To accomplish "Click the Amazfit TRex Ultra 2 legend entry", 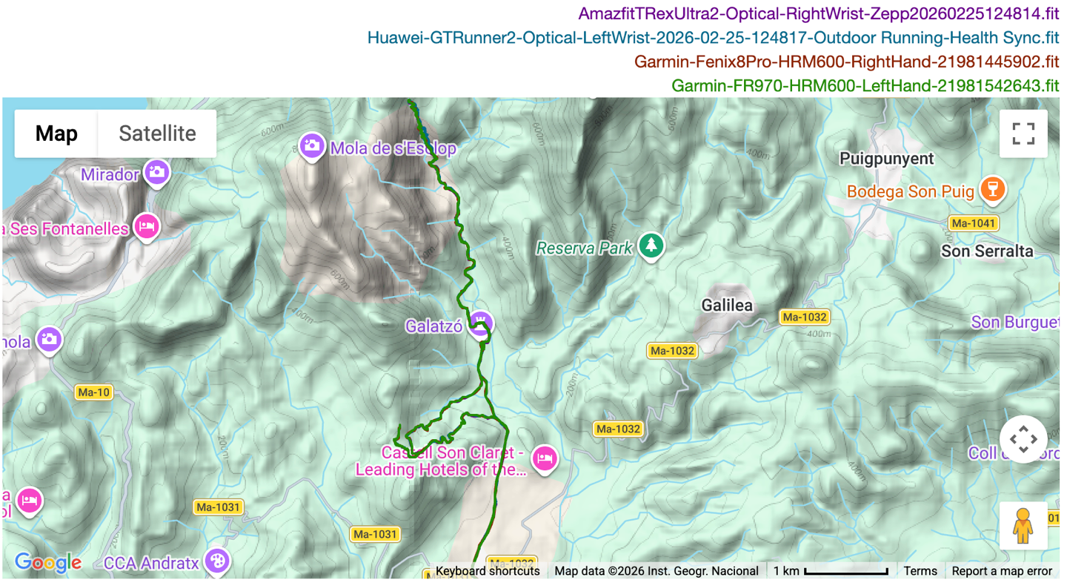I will click(819, 14).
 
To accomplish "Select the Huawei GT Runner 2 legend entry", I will click(713, 38).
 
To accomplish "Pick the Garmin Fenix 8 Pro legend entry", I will click(846, 62).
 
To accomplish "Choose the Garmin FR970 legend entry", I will click(865, 85).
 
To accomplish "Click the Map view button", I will click(56, 134).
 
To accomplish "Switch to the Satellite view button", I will click(157, 134).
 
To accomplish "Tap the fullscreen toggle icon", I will click(1023, 134).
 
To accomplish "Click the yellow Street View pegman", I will click(1023, 526).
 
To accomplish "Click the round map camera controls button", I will click(1023, 439).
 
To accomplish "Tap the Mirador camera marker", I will click(156, 172).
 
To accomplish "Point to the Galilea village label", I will click(727, 305).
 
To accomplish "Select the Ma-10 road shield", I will click(93, 392).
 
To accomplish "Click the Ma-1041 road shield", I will click(973, 223).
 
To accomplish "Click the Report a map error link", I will click(1002, 571).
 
